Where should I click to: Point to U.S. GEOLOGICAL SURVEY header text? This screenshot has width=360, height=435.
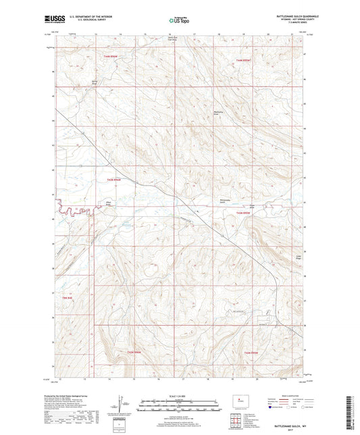(82, 22)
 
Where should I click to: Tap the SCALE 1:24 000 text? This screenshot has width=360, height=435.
(179, 395)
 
